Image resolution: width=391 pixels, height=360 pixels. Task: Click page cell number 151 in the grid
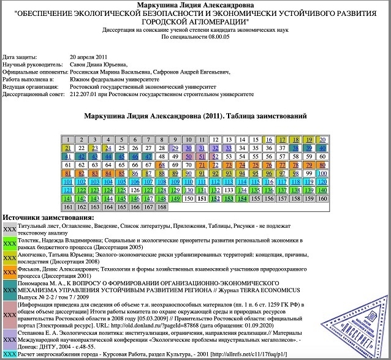coord(202,199)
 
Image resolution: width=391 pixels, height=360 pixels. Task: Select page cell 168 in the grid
coord(162,208)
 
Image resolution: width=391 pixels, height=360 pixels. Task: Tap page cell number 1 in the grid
coord(67,140)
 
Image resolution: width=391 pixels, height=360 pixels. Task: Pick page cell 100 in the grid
coord(322,173)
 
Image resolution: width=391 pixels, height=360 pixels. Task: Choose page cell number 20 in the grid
coord(322,140)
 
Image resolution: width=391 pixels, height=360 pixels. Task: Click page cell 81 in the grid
coord(67,173)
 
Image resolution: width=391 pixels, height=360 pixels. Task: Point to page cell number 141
coord(67,199)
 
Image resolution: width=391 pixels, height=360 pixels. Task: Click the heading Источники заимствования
coord(48,218)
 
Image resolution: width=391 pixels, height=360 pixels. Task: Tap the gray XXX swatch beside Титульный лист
coord(9,228)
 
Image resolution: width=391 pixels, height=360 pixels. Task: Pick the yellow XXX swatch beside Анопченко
coord(9,259)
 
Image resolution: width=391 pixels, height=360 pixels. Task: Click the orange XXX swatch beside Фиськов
coord(9,272)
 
